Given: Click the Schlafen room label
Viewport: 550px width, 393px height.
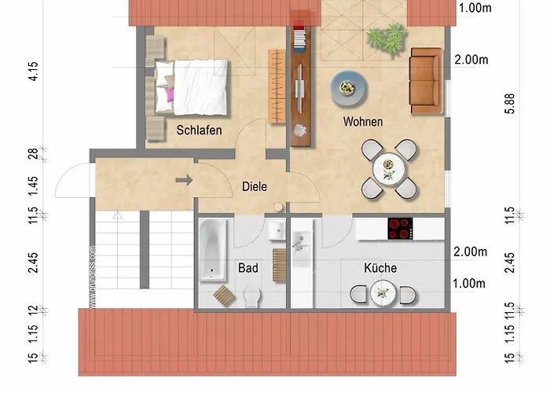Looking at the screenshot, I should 199,130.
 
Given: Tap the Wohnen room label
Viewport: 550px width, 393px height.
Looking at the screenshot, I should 363,122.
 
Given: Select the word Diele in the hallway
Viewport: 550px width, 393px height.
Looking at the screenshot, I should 254,187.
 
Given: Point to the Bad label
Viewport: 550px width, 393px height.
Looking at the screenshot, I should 248,268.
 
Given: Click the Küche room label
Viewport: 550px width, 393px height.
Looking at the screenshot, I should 380,268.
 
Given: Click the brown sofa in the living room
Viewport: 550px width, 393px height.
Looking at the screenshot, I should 427,80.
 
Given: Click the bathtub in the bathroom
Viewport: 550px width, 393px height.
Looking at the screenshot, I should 213,250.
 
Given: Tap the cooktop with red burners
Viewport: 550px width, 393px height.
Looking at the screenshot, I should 399,228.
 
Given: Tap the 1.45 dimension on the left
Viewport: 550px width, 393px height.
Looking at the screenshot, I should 33,186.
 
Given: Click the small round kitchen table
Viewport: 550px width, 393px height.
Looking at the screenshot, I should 383,294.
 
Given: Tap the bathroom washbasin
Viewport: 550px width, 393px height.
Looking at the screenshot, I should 276,230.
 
